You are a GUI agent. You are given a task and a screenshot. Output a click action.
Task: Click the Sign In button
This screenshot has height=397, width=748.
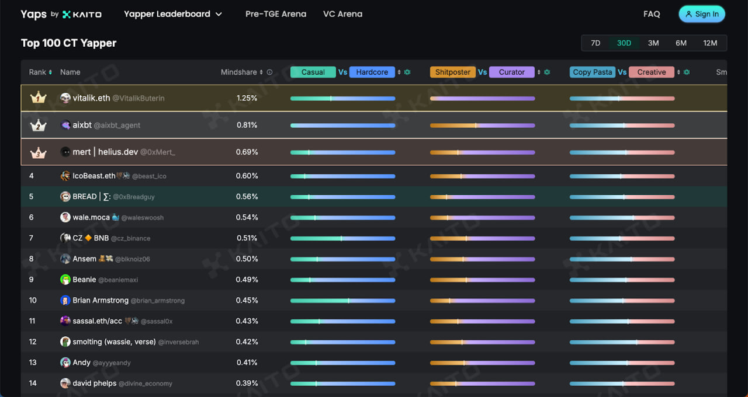(702, 14)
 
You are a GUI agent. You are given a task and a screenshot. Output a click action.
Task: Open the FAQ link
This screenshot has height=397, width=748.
(652, 14)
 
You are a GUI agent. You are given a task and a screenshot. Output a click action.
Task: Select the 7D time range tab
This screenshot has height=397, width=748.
(595, 43)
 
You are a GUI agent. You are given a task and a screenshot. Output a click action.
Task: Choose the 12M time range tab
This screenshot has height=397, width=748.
(710, 43)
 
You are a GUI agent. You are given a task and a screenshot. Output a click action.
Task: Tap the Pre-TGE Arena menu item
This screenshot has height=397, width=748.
(276, 14)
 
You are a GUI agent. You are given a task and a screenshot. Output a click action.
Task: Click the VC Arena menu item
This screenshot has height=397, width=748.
(342, 14)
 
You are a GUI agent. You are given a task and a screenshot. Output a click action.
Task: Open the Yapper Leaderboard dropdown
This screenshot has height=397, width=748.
(173, 14)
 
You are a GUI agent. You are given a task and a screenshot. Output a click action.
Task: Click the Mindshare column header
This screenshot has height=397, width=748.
(239, 72)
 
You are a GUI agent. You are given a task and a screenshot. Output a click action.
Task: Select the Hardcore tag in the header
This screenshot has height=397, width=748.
(372, 72)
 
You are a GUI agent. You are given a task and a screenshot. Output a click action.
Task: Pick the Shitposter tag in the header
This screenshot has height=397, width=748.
(453, 72)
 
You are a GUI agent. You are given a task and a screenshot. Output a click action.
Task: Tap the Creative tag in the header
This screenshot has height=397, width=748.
(652, 72)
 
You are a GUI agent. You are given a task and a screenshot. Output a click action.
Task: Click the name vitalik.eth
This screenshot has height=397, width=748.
(91, 98)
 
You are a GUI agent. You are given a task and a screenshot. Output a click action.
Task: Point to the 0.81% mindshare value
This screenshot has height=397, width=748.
(247, 125)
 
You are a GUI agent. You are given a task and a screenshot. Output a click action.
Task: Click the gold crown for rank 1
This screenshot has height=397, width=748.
(38, 97)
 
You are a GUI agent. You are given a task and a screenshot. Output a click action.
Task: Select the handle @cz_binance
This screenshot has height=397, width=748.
(130, 238)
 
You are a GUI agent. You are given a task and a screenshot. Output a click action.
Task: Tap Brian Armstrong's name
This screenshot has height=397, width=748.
(101, 300)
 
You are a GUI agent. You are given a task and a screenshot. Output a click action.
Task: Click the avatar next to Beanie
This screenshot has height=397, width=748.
(65, 280)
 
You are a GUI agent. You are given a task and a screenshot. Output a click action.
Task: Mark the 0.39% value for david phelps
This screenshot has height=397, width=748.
(247, 383)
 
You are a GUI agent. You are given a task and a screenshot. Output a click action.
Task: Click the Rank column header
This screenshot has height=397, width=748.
(37, 72)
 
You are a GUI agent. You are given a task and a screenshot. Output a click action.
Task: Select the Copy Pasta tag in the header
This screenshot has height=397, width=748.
(593, 72)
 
